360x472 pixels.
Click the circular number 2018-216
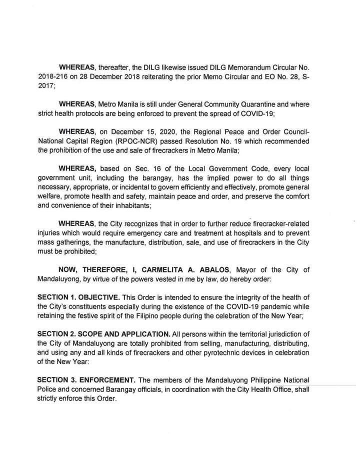coord(52,75)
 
